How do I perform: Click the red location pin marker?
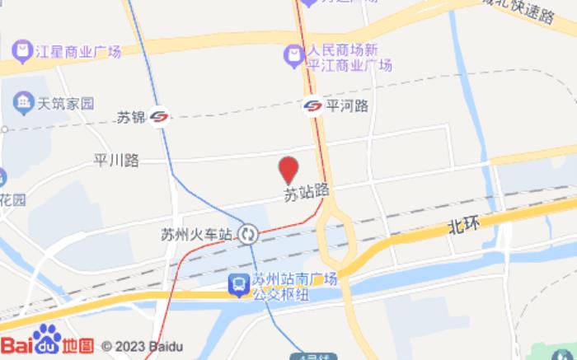(288, 170)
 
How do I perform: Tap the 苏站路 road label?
(307, 191)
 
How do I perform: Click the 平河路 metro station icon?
(313, 105)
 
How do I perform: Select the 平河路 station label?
(347, 105)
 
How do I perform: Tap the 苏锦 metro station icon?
(161, 118)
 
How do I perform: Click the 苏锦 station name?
(130, 118)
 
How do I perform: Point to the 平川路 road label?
(117, 161)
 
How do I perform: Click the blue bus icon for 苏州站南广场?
(238, 284)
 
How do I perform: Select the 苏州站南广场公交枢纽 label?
(295, 285)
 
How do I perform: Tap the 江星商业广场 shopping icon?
(22, 52)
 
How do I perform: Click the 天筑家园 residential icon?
(22, 104)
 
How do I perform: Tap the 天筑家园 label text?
(65, 104)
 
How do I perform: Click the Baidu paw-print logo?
(48, 340)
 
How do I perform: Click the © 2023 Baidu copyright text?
(142, 346)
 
